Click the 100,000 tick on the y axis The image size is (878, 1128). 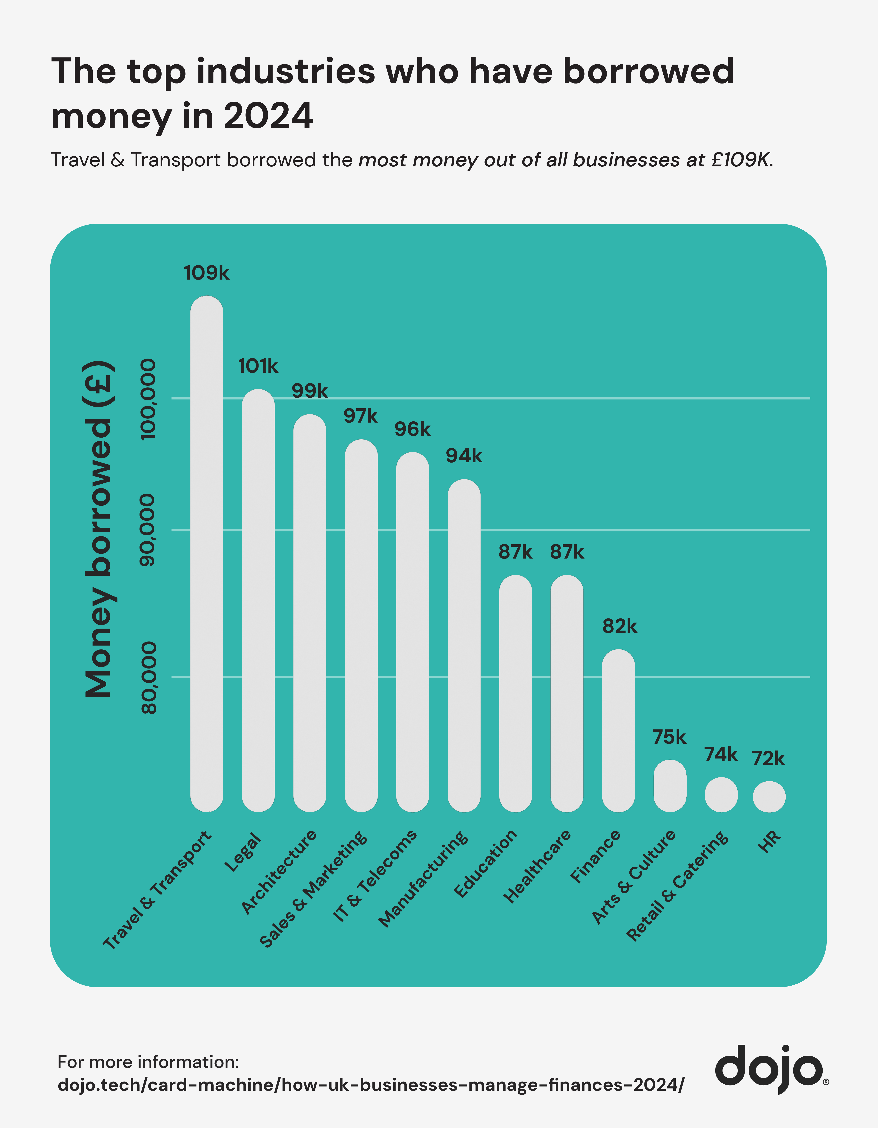pyautogui.click(x=148, y=399)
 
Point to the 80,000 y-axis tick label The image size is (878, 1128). pyautogui.click(x=148, y=678)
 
